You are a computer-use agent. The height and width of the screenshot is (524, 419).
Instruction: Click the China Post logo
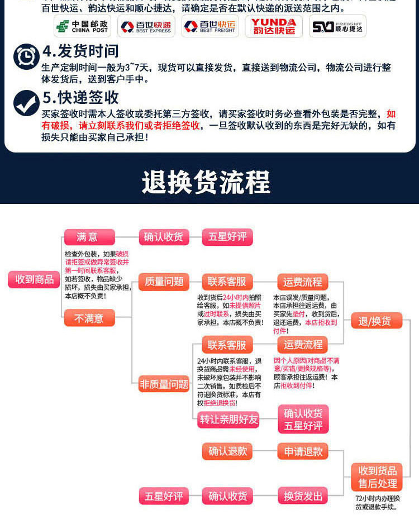click(82, 26)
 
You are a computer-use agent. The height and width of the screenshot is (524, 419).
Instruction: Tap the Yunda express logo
click(273, 26)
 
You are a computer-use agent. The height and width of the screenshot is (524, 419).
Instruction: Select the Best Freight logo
click(209, 26)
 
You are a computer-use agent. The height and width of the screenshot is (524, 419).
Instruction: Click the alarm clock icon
click(26, 56)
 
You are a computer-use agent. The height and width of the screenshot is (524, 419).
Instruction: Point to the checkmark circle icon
click(26, 102)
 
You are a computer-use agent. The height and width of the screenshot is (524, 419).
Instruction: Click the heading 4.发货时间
click(80, 51)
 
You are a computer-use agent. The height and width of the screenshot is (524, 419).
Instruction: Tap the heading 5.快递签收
click(80, 97)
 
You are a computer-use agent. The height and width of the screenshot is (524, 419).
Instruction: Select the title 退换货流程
click(206, 182)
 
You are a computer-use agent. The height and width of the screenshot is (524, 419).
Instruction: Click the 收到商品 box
click(34, 279)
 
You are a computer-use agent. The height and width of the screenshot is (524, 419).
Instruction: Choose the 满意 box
click(89, 237)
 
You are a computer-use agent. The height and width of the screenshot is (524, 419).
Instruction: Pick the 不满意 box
click(89, 318)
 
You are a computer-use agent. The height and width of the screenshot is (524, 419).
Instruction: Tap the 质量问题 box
click(164, 282)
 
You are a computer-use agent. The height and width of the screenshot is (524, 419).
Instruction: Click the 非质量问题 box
click(164, 384)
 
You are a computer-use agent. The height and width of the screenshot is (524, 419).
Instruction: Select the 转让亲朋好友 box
click(229, 420)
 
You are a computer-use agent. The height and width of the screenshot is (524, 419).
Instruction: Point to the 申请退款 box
click(303, 451)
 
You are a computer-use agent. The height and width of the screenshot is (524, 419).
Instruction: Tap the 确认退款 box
click(227, 451)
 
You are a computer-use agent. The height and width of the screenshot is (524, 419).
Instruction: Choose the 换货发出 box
click(303, 496)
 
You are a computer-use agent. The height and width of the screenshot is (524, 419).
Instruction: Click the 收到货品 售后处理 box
click(377, 477)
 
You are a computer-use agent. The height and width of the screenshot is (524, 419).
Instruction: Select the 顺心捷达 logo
click(337, 26)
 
